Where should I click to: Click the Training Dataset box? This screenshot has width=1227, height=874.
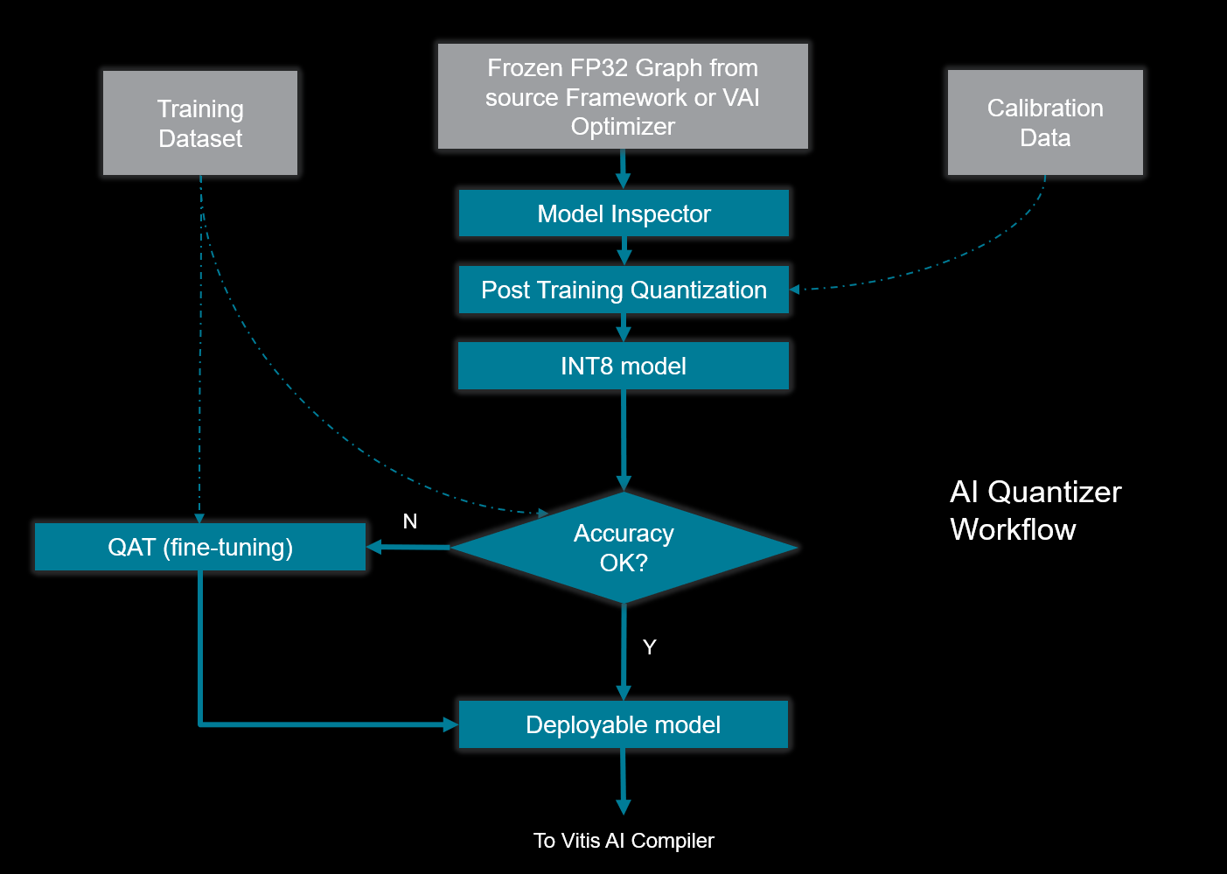point(200,123)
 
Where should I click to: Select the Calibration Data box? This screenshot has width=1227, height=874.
point(1045,122)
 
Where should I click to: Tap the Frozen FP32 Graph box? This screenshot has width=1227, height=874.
point(623,96)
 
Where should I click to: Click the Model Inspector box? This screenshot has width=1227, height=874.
point(624,213)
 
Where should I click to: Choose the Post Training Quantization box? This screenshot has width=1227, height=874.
point(624,290)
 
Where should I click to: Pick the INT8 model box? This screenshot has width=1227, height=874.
point(624,366)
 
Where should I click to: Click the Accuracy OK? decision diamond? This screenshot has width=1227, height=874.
point(624,548)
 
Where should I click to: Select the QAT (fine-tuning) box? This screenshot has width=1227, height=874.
point(200,548)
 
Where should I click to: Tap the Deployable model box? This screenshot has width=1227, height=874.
point(624,724)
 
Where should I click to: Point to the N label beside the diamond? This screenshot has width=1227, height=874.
point(410,521)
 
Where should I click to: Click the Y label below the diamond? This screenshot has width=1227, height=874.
point(649,647)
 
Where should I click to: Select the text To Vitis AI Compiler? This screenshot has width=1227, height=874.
point(624,841)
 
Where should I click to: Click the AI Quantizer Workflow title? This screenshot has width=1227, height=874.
point(1035,511)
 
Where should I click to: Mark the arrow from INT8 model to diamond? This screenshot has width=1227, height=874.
point(624,437)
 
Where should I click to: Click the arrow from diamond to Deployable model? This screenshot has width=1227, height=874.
point(624,652)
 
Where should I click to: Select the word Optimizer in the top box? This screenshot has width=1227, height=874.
point(623,127)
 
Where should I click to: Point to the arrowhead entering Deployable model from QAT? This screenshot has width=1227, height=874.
point(450,724)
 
